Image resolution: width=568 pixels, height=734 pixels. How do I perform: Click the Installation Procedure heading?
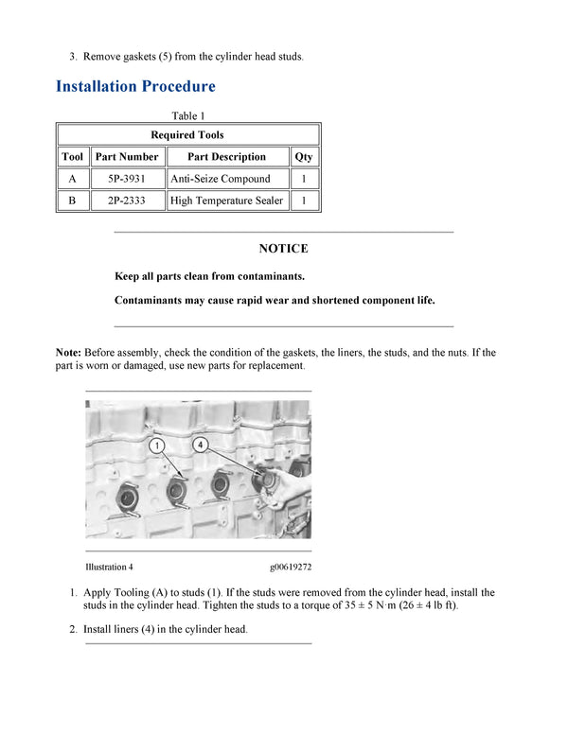pyautogui.click(x=135, y=86)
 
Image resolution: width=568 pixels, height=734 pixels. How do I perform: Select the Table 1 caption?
pyautogui.click(x=187, y=116)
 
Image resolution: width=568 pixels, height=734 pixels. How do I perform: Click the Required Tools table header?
pyautogui.click(x=187, y=135)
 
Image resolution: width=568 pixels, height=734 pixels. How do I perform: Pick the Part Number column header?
pyautogui.click(x=127, y=157)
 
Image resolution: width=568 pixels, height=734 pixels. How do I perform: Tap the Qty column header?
pyautogui.click(x=304, y=157)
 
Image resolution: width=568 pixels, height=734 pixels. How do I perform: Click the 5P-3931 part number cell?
pyautogui.click(x=127, y=179)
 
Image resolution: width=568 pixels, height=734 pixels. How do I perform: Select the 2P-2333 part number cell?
pyautogui.click(x=127, y=201)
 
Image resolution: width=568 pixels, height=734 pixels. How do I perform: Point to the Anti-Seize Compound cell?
pyautogui.click(x=220, y=179)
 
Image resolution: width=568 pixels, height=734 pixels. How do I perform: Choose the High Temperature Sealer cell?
pyautogui.click(x=226, y=201)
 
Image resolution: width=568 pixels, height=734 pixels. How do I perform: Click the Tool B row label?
pyautogui.click(x=72, y=201)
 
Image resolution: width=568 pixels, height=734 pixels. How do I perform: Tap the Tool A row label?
pyautogui.click(x=72, y=179)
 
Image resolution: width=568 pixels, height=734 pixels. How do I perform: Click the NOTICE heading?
pyautogui.click(x=283, y=249)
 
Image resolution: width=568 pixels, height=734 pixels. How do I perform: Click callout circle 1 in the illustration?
pyautogui.click(x=157, y=444)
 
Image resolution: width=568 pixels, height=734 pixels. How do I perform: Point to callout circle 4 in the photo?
pyautogui.click(x=201, y=443)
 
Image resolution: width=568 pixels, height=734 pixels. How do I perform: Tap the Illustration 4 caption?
pyautogui.click(x=109, y=567)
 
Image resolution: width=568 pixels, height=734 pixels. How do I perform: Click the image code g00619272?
pyautogui.click(x=291, y=567)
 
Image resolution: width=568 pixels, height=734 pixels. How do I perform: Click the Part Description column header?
pyautogui.click(x=226, y=157)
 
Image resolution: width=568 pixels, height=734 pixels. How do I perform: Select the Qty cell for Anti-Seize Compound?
pyautogui.click(x=304, y=179)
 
